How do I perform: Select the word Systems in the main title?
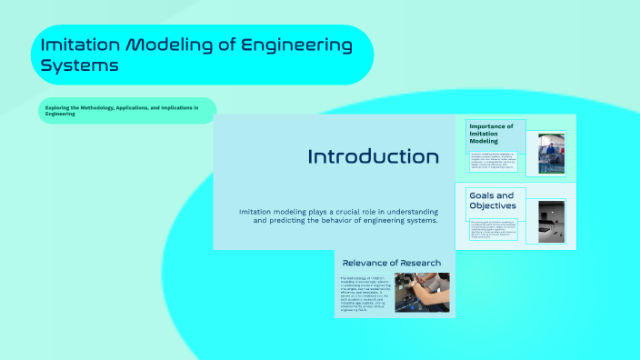[x=79, y=65]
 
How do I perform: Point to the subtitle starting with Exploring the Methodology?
[x=123, y=110]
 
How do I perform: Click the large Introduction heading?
[x=373, y=156]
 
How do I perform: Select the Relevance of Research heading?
[x=391, y=263]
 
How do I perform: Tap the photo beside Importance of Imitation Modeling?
[x=550, y=153]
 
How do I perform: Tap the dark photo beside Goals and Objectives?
[x=551, y=221]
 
